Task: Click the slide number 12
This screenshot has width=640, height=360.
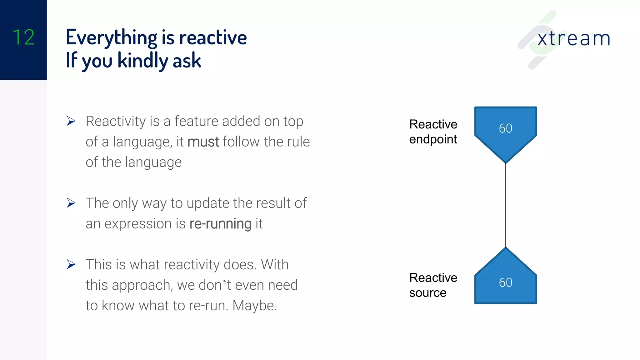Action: tap(23, 37)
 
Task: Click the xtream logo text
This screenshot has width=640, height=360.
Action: tap(573, 39)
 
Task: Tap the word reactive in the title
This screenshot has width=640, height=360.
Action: tap(213, 37)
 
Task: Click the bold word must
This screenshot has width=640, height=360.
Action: tap(203, 142)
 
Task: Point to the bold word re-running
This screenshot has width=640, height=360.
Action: tap(220, 224)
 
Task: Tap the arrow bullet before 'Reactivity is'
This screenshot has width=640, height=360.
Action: tap(71, 121)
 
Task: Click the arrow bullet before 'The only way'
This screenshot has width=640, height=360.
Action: tap(71, 203)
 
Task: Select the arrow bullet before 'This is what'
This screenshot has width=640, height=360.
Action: tap(71, 265)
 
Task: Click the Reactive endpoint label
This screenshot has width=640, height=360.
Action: tap(433, 132)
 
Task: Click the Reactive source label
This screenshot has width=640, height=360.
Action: tap(433, 285)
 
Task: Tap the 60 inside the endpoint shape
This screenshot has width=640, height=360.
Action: tap(505, 128)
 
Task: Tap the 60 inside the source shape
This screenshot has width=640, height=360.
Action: tap(505, 283)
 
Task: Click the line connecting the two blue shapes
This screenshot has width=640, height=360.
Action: tap(506, 205)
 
